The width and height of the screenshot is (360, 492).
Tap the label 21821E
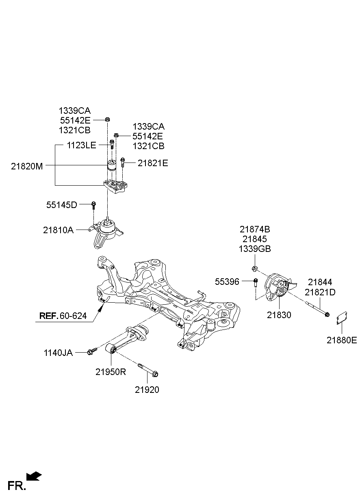152,163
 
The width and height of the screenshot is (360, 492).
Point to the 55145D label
61,205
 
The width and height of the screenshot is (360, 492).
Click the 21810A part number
58,230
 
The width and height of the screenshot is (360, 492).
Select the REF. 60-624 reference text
63,316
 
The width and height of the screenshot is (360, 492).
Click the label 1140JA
58,353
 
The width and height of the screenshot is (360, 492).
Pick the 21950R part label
111,371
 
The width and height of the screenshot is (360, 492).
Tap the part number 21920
147,390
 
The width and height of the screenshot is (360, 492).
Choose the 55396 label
227,282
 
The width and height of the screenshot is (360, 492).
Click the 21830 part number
279,314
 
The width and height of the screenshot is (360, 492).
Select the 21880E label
341,340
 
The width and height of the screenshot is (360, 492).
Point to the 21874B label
255,230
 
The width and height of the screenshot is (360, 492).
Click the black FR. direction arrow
34,476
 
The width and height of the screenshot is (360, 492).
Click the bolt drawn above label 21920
148,370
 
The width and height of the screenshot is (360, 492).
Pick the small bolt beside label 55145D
93,205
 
